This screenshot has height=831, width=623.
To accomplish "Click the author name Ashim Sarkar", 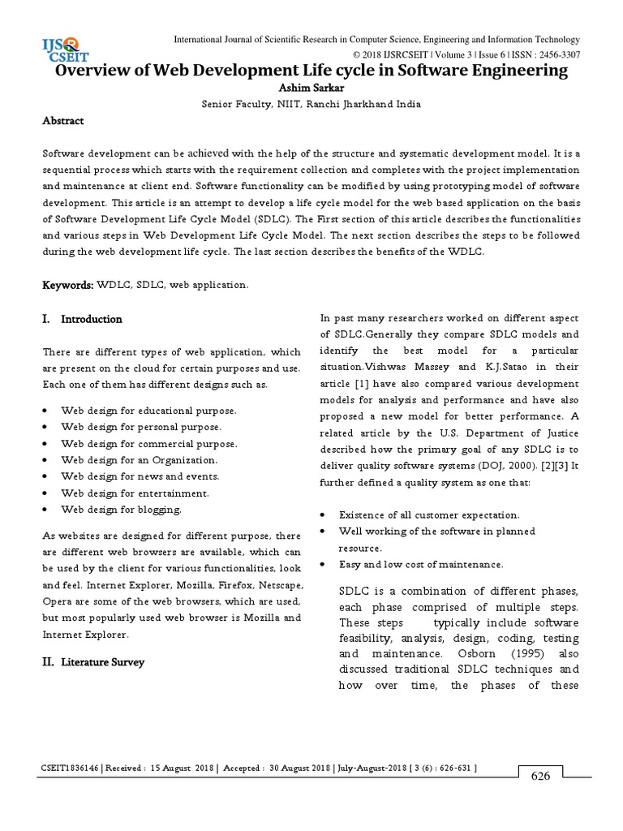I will pos(311,88).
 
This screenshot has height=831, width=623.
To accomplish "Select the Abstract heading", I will pos(63,121).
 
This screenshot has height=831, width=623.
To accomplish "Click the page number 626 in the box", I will pos(540,776).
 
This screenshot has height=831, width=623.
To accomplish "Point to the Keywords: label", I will pos(68,286).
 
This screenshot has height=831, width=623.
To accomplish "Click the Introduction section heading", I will pos(92,320).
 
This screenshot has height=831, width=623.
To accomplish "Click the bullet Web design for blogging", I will pos(122,510).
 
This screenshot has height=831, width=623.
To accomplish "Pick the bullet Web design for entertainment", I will pos(135,493).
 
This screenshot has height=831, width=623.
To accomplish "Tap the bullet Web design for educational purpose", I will pos(148,411).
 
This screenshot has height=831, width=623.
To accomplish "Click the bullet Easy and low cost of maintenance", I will pos(421,564).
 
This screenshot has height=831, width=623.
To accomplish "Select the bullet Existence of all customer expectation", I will pos(429,515).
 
